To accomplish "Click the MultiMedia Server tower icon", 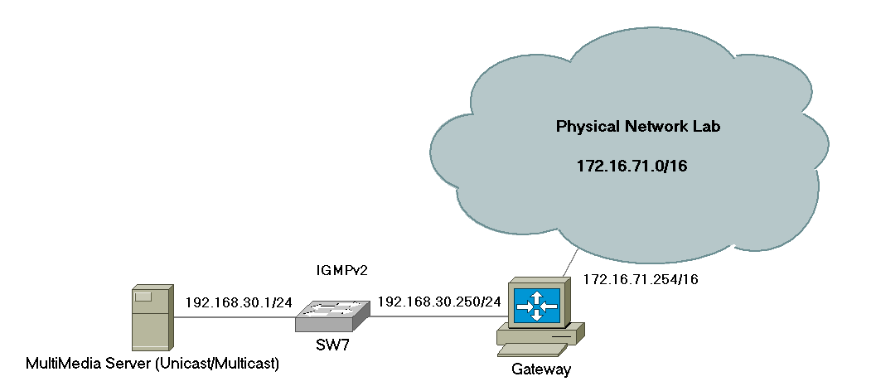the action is pos(152,317).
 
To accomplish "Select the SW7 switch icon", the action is pos(333,316).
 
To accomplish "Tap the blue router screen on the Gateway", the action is pos(537,306).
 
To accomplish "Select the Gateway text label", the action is pos(541,369).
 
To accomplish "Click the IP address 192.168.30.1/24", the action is pos(239,302).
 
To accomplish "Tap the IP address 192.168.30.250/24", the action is pos(439,302).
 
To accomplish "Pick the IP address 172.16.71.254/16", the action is pos(641,279).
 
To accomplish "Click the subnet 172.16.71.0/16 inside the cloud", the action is pos(632,167).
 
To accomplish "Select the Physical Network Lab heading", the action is pos(638,127).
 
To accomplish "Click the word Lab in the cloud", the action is pos(707,126).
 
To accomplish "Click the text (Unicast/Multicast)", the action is pos(216,364).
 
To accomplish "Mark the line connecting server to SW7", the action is pos(235,318).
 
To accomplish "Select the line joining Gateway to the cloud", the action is pos(569,263).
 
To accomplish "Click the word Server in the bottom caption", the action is pos(129,364).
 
